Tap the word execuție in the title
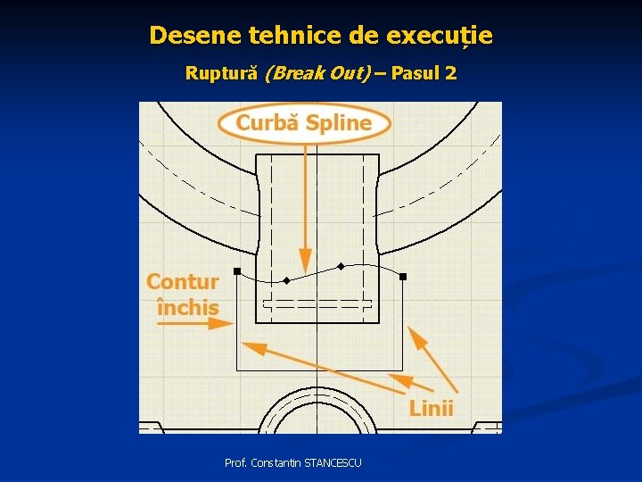440,36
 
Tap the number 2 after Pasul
450,73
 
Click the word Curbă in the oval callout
267,123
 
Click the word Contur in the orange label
183,282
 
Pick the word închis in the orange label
187,308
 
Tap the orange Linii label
432,409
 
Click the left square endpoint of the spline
237,270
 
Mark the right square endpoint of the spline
402,277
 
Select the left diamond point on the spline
286,280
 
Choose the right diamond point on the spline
340,266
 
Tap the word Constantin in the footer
276,462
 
